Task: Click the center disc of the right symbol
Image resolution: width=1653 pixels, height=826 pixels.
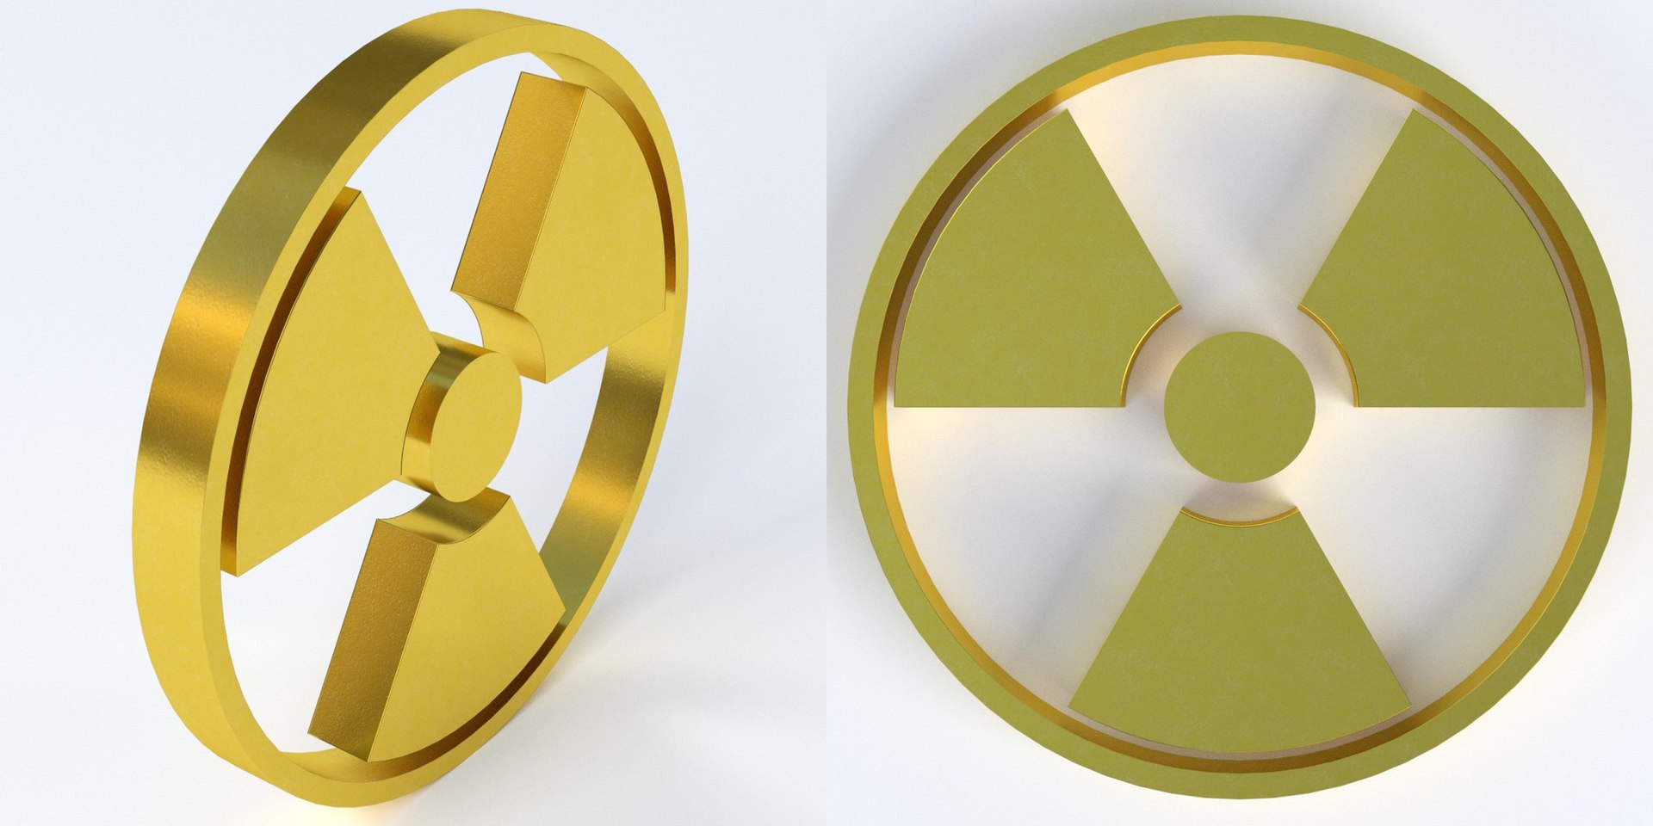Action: coord(1239,406)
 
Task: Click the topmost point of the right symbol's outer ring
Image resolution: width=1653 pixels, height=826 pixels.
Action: coord(1240,19)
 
